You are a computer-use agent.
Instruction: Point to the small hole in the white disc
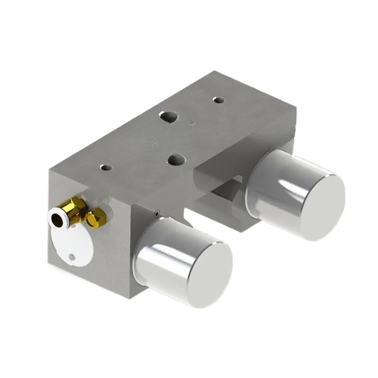coord(71,257)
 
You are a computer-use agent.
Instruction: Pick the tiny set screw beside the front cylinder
coord(156,214)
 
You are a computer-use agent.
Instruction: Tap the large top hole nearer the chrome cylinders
coord(176,160)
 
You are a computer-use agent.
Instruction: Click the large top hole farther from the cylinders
coord(168,116)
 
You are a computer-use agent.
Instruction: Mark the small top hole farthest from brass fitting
coord(218,100)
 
